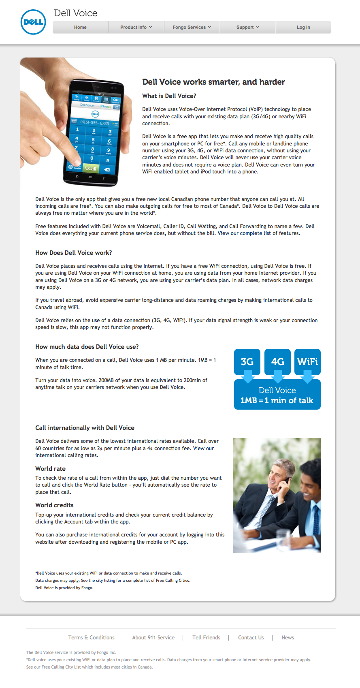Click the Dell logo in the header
tap(33, 22)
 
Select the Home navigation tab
tap(80, 27)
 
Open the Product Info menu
tap(136, 27)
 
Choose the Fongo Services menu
tap(192, 27)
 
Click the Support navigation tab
tap(247, 27)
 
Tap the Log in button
tap(303, 27)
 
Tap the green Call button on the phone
tap(91, 169)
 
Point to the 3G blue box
tap(247, 361)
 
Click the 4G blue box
tap(277, 361)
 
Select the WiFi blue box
tap(307, 361)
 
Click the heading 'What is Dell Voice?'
tap(169, 96)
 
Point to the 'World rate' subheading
tap(50, 468)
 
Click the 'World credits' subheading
tap(54, 505)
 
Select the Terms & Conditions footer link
tap(91, 637)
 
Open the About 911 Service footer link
tap(153, 637)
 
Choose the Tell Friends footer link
tap(206, 637)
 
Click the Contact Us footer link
tap(251, 637)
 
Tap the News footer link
tap(288, 637)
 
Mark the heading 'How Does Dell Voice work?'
tap(73, 253)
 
